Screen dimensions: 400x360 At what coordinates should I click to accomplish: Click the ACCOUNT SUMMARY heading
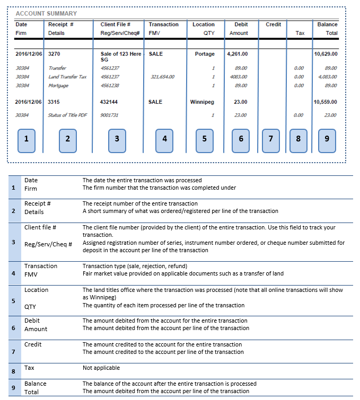[x=46, y=13]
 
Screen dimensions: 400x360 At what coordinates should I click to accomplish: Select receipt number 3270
[x=55, y=54]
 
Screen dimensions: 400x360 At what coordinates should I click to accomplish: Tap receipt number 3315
[x=55, y=102]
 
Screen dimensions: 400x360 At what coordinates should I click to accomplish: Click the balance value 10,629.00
[x=326, y=54]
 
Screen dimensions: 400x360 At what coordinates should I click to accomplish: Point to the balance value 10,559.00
[x=326, y=102]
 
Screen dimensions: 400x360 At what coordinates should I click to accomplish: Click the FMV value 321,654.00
[x=163, y=77]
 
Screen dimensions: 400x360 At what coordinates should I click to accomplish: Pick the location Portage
[x=205, y=54]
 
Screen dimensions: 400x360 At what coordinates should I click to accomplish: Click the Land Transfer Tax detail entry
[x=67, y=77]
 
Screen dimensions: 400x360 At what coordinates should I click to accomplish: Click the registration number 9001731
[x=110, y=115]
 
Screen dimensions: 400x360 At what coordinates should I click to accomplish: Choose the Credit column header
[x=273, y=24]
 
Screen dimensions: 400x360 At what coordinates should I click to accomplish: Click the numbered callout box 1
[x=27, y=139]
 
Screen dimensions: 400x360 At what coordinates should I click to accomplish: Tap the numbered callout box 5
[x=204, y=139]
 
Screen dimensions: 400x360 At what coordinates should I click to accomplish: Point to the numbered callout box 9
[x=326, y=139]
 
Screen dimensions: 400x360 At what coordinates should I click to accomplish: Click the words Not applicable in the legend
[x=101, y=368]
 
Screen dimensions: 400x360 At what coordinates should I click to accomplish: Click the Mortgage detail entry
[x=58, y=85]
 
